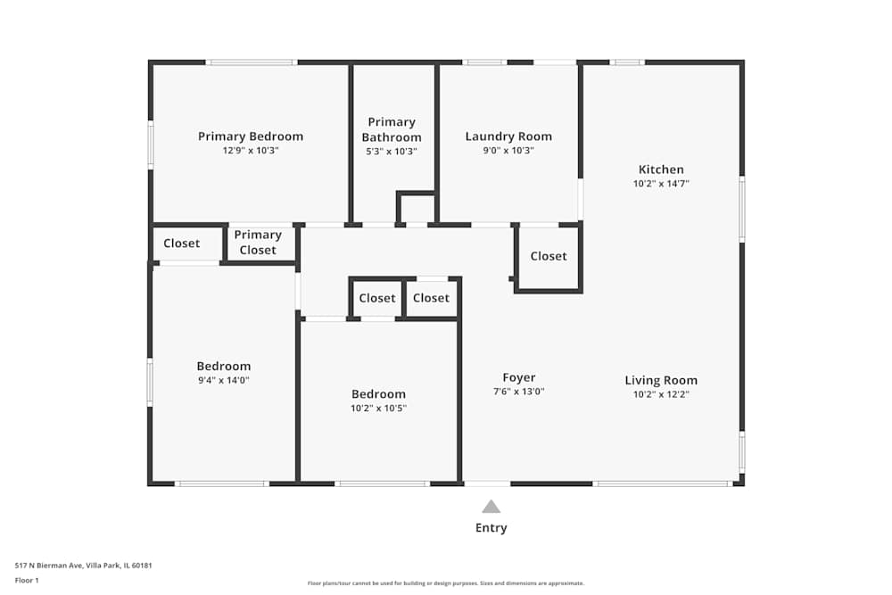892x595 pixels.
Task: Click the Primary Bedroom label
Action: click(251, 136)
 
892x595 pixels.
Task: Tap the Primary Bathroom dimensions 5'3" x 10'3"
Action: click(392, 152)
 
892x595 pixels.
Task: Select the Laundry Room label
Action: click(508, 136)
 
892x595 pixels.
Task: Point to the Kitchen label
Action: click(661, 169)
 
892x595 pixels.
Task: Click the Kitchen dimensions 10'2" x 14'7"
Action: click(661, 184)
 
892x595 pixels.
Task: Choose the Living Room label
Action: click(661, 380)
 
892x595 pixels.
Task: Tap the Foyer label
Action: click(518, 377)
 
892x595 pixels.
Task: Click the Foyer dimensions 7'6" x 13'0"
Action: click(518, 392)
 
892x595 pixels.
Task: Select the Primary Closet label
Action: click(258, 243)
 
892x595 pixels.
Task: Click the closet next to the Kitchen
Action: click(548, 256)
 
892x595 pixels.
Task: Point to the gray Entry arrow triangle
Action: click(491, 507)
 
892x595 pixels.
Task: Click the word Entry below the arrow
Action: click(491, 528)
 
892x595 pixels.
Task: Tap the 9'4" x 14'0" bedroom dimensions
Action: click(224, 380)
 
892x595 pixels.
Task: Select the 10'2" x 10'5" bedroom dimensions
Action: click(378, 409)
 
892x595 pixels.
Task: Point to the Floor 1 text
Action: click(27, 580)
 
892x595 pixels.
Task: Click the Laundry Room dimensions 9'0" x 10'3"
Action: click(508, 151)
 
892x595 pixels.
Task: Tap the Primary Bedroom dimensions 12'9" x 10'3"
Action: click(251, 151)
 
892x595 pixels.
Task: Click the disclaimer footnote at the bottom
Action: click(446, 583)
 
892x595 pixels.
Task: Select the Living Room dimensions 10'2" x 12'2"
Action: click(661, 394)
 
